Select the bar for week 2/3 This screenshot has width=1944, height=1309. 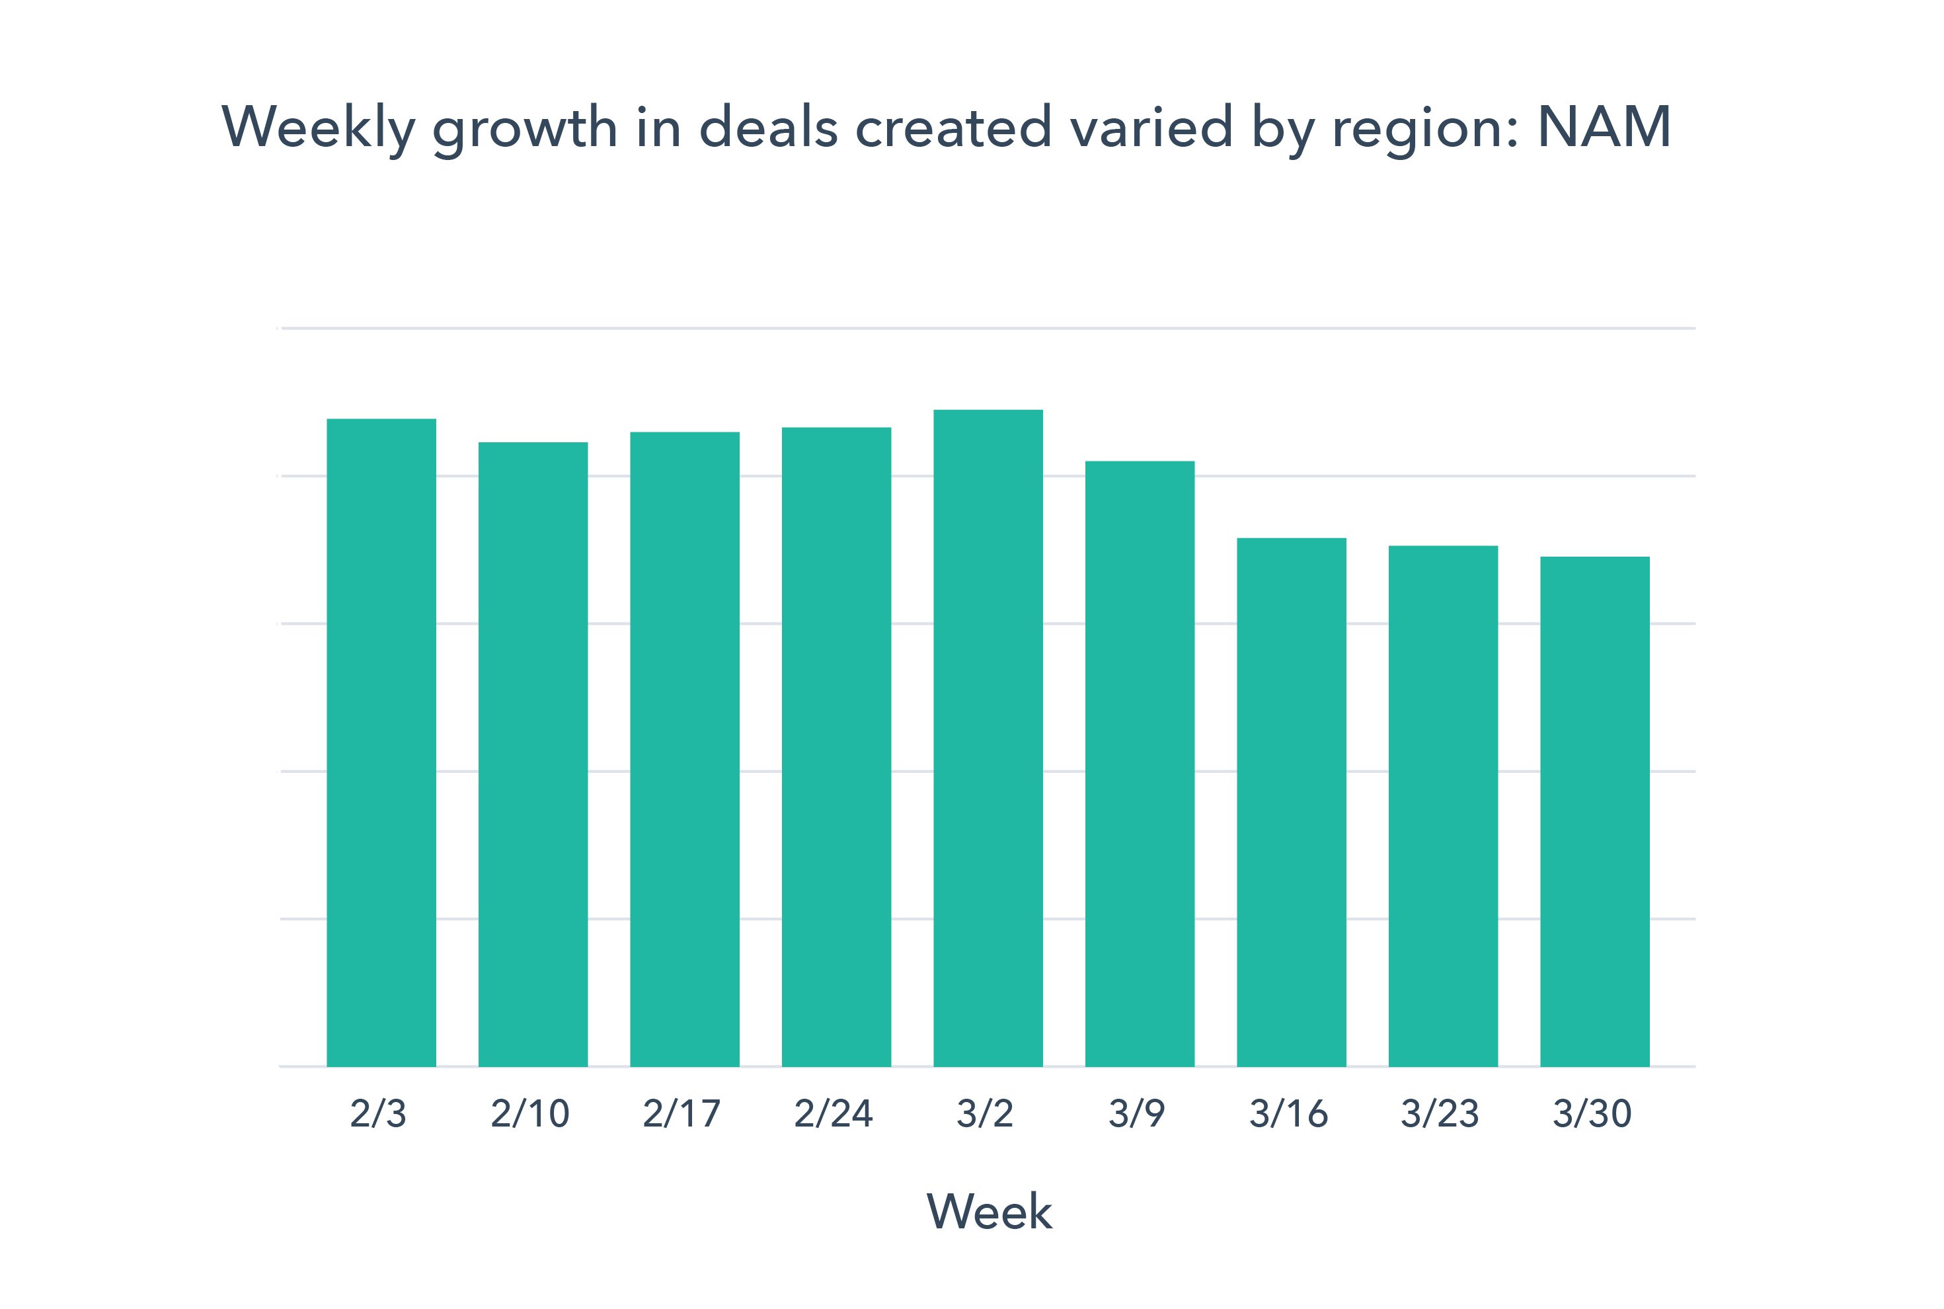click(381, 742)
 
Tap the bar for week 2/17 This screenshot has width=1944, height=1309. click(684, 749)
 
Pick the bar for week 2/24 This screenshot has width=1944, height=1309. click(836, 746)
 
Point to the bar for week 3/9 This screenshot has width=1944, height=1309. click(1140, 763)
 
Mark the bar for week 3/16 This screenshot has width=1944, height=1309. click(1292, 801)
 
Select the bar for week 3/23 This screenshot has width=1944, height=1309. click(1443, 806)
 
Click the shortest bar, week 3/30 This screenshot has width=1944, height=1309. click(1594, 811)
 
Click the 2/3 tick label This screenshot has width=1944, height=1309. click(378, 1114)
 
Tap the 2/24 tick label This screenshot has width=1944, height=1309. click(833, 1114)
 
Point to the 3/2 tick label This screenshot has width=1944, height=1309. click(985, 1114)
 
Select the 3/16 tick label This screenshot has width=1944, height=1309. click(1288, 1114)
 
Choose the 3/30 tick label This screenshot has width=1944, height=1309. click(1592, 1114)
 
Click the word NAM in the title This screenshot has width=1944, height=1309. click(1604, 127)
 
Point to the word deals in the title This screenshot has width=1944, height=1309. click(768, 127)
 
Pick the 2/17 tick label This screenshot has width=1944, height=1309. click(681, 1114)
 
